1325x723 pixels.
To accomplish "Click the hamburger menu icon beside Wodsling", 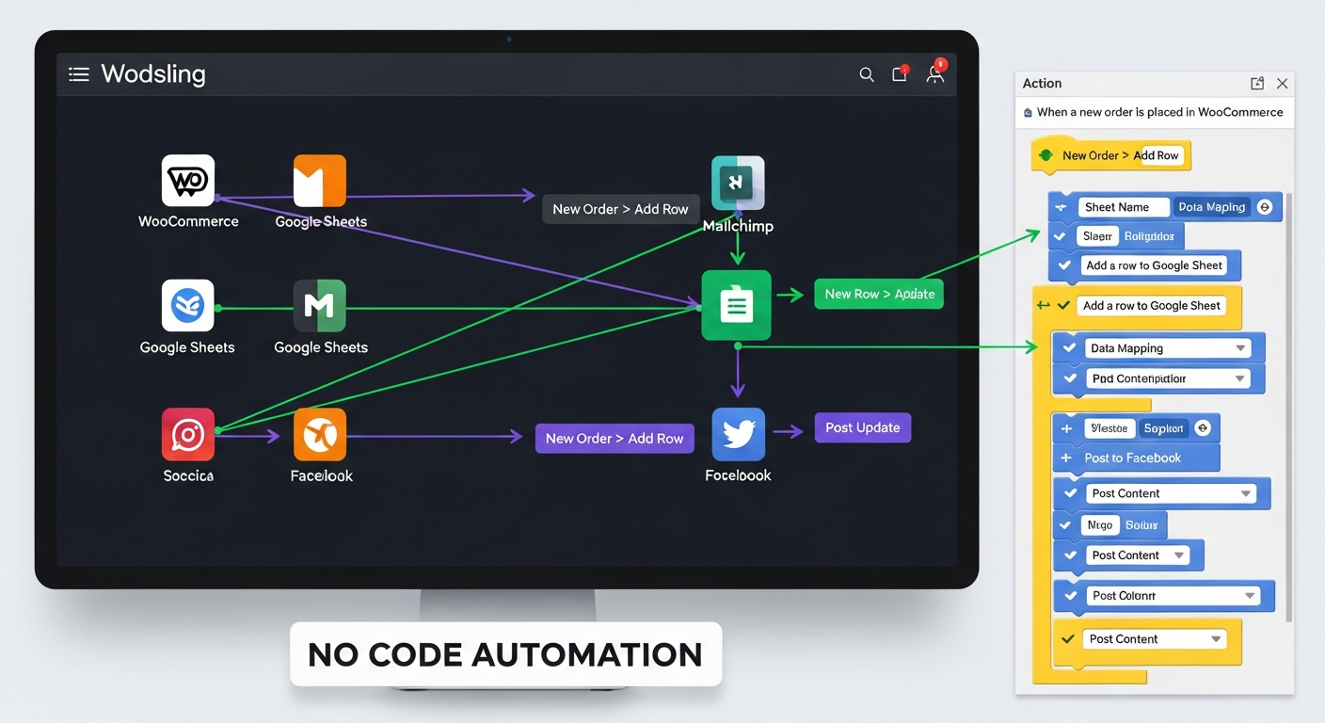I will pyautogui.click(x=79, y=74).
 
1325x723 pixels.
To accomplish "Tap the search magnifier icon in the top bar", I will pyautogui.click(x=867, y=74).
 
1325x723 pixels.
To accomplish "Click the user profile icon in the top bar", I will pyautogui.click(x=934, y=74).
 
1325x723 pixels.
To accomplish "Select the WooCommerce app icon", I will pyautogui.click(x=188, y=181).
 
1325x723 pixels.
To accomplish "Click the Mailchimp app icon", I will pyautogui.click(x=738, y=183).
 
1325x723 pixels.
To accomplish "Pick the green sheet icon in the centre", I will pyautogui.click(x=736, y=305).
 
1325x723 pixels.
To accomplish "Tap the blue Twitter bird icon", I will pyautogui.click(x=738, y=433).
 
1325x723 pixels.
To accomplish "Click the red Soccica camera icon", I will pyautogui.click(x=188, y=434).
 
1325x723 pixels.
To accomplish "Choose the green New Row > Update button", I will pyautogui.click(x=879, y=294).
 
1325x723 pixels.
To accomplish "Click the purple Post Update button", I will pyautogui.click(x=862, y=427).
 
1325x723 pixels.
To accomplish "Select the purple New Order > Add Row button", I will pyautogui.click(x=615, y=439).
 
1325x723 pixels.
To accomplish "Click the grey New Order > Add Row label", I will pyautogui.click(x=620, y=209).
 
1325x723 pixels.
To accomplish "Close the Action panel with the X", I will pyautogui.click(x=1282, y=84).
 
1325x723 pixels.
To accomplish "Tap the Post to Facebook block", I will pyautogui.click(x=1133, y=458).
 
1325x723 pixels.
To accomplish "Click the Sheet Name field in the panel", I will pyautogui.click(x=1118, y=207).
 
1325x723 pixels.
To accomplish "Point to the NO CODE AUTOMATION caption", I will pyautogui.click(x=505, y=654).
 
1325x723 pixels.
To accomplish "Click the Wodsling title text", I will pyautogui.click(x=153, y=74).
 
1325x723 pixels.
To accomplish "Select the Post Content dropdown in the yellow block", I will pyautogui.click(x=1154, y=639).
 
